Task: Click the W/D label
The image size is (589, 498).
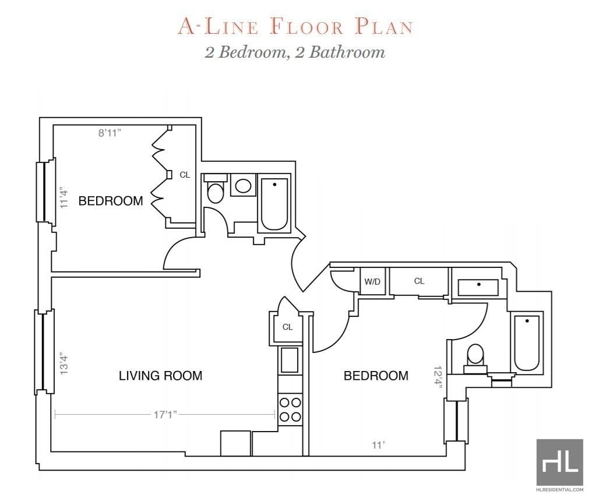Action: click(x=372, y=282)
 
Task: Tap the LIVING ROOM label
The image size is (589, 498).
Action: click(x=160, y=376)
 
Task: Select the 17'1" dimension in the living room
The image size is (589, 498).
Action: click(x=165, y=415)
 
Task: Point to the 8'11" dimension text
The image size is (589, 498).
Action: click(x=110, y=133)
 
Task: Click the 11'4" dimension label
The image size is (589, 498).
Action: click(x=65, y=197)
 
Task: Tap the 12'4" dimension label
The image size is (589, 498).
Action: click(x=438, y=378)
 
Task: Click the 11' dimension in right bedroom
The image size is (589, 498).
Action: click(x=378, y=445)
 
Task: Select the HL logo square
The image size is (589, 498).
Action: click(x=560, y=462)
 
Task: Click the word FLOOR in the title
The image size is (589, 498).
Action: click(x=306, y=27)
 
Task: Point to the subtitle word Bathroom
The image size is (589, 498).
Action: click(x=347, y=52)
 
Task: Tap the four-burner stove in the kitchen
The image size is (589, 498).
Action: click(x=290, y=409)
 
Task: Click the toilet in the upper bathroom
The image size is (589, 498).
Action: click(x=216, y=188)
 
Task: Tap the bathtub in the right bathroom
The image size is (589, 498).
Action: click(x=527, y=343)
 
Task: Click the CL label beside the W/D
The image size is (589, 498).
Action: click(x=419, y=281)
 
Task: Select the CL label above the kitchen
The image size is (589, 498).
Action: click(x=287, y=327)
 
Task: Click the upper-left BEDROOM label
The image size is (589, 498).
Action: click(x=111, y=201)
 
